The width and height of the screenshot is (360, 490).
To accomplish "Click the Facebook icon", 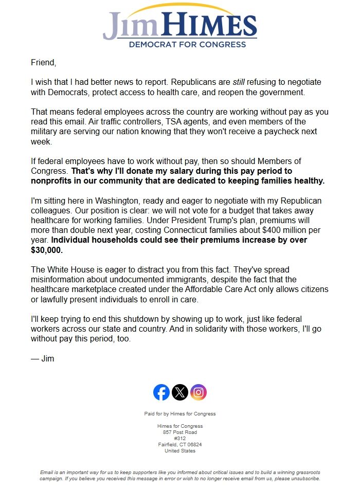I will (161, 393).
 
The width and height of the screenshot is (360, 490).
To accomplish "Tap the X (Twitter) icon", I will (180, 393).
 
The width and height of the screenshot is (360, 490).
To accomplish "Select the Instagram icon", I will (199, 393).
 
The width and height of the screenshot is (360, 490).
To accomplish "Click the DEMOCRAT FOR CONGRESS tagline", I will (180, 45).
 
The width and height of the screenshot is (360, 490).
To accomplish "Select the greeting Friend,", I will (43, 63).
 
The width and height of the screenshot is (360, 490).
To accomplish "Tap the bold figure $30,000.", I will (46, 250).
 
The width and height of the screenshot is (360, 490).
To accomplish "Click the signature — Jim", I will (42, 359).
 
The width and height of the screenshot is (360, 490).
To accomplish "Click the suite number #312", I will (180, 439).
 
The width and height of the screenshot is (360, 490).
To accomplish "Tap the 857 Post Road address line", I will (180, 432).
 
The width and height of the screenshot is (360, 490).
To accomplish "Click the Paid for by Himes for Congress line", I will (180, 414).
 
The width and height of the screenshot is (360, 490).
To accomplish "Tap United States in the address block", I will (180, 451).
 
